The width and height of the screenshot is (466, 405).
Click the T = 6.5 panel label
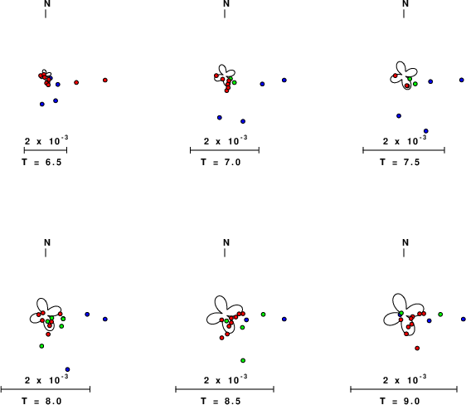click(41, 162)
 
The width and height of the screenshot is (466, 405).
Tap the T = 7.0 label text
click(221, 162)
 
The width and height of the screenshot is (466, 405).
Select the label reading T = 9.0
click(400, 401)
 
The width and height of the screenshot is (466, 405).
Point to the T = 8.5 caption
click(221, 401)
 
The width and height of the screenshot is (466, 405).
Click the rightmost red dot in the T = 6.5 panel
click(105, 80)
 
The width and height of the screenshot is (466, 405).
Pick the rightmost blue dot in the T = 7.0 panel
click(284, 80)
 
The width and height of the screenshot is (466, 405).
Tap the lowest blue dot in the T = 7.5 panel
click(426, 131)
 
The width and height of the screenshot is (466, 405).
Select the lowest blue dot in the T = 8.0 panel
click(67, 369)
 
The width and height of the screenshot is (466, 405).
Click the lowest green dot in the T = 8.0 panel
click(41, 346)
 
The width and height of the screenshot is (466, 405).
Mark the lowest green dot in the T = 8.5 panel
click(243, 360)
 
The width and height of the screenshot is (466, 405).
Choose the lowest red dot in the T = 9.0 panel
click(417, 348)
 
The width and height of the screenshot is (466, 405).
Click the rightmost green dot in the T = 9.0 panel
click(440, 315)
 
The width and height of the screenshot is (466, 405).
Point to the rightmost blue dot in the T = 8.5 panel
click(284, 319)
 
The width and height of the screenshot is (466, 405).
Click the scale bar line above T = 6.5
click(46, 150)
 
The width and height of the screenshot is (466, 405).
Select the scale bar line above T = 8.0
click(46, 389)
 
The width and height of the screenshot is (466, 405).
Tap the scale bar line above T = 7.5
click(404, 150)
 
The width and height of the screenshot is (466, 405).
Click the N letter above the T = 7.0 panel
click(226, 3)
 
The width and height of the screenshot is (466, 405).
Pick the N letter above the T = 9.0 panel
click(405, 242)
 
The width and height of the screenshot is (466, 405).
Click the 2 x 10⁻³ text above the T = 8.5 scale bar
click(226, 379)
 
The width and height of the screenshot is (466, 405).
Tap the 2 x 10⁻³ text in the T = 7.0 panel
click(226, 140)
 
